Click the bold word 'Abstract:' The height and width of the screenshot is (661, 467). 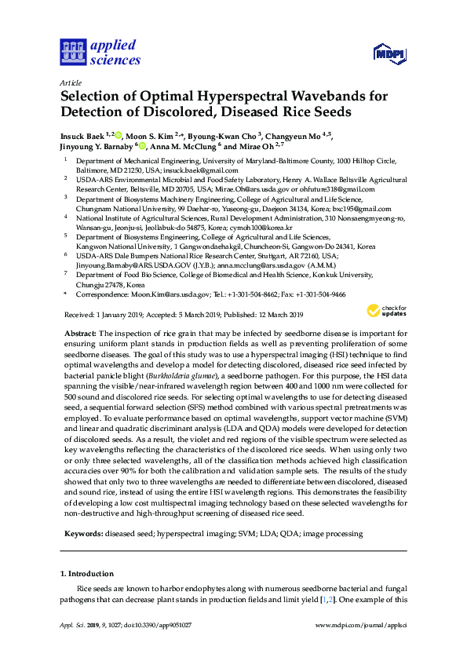tap(79, 334)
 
